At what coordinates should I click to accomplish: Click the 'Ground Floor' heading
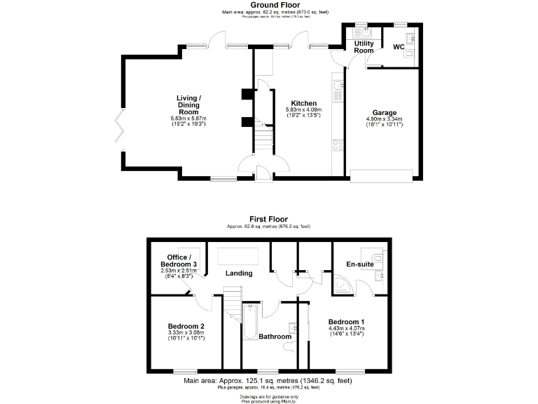tap(268, 4)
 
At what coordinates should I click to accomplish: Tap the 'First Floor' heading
tap(268, 220)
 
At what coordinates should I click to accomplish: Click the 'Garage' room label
tap(384, 112)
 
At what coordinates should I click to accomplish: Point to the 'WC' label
tap(398, 47)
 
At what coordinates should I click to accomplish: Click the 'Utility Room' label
tap(364, 47)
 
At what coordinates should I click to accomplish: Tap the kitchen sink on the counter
tap(338, 88)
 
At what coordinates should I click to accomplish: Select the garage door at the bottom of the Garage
tap(384, 176)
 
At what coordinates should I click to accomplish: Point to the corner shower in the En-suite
tap(343, 283)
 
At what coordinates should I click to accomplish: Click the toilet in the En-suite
tap(379, 260)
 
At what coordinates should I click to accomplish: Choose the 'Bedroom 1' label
tap(347, 322)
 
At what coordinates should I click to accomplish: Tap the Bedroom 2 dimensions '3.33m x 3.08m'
tap(186, 332)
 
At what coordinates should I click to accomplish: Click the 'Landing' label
tap(238, 273)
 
